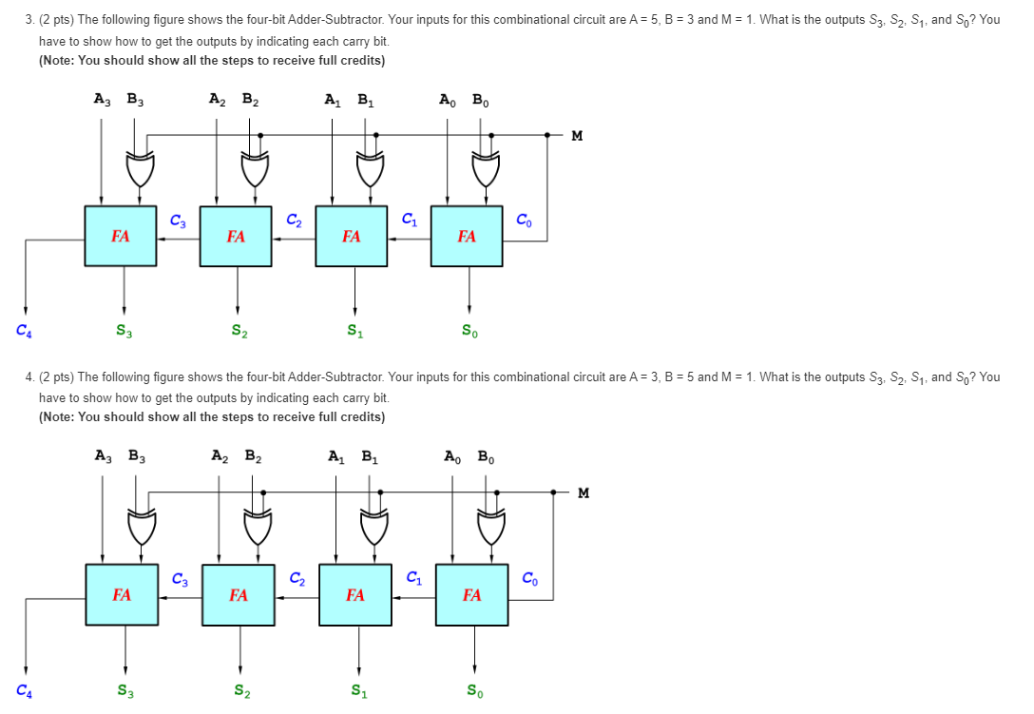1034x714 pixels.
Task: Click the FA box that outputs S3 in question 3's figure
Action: coord(120,236)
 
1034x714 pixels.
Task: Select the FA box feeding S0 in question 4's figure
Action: coord(471,595)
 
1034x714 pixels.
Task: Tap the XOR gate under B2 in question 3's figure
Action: coord(254,169)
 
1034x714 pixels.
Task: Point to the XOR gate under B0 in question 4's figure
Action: coord(490,526)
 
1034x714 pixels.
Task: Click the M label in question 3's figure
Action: coord(578,135)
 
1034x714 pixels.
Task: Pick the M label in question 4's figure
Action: coord(583,492)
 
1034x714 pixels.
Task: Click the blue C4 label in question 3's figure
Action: coord(21,331)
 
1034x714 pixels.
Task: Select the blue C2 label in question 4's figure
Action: coord(297,577)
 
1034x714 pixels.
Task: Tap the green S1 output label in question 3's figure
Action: coord(354,331)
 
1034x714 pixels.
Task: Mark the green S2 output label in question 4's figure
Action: coord(240,692)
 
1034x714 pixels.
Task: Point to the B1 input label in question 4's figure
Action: coord(368,455)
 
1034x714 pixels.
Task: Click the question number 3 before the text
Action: coord(29,19)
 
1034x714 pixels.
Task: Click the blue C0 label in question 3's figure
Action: coord(524,220)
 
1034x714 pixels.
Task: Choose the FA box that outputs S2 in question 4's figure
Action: coord(239,595)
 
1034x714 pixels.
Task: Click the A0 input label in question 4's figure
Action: coord(451,455)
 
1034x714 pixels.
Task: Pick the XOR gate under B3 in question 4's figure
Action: coord(141,526)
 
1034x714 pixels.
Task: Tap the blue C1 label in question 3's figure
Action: coord(409,220)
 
